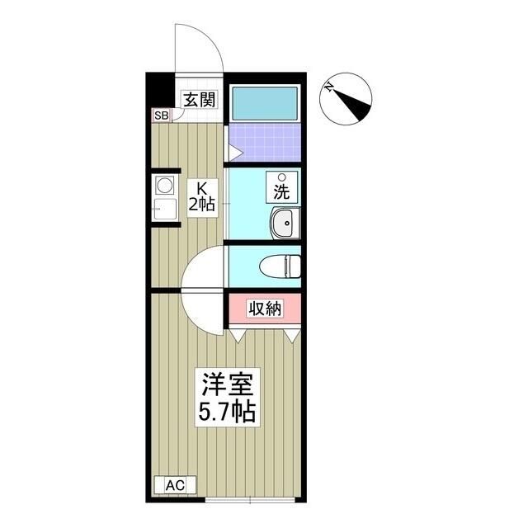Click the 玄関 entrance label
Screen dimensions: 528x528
pyautogui.click(x=199, y=100)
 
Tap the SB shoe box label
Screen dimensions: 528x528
pyautogui.click(x=160, y=115)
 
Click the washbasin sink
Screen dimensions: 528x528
pyautogui.click(x=285, y=223)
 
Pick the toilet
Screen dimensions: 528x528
pyautogui.click(x=280, y=266)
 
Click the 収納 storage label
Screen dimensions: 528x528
pyautogui.click(x=265, y=309)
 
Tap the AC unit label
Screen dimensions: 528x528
pyautogui.click(x=175, y=485)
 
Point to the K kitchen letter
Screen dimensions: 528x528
pyautogui.click(x=201, y=186)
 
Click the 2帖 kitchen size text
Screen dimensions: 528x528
pyautogui.click(x=201, y=205)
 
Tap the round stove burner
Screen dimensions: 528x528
pyautogui.click(x=163, y=184)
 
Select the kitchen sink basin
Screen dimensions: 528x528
pyautogui.click(x=163, y=210)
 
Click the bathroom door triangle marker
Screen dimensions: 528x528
pyautogui.click(x=235, y=153)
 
